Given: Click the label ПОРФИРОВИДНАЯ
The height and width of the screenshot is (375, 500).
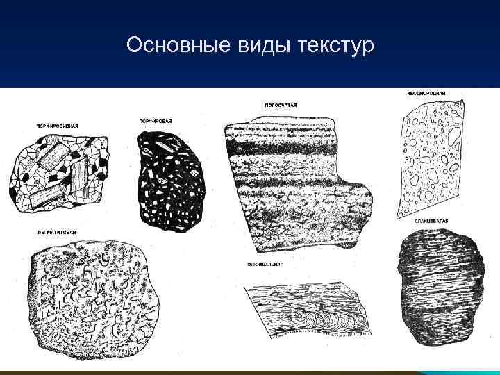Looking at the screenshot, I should [56, 126].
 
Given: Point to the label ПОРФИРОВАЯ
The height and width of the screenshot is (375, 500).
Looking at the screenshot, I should [155, 121].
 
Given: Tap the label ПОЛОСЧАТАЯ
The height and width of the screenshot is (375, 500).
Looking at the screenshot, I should [281, 105].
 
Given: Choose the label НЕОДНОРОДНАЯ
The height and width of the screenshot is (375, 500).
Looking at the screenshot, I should [425, 92].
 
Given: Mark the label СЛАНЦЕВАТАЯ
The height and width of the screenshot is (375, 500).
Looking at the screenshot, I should [431, 220].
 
